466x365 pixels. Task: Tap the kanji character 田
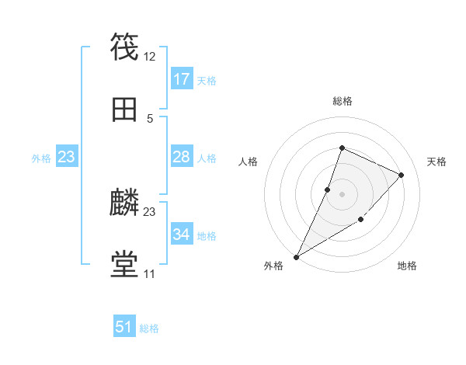point(125,109)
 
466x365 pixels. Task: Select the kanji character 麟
point(125,203)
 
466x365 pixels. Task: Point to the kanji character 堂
point(125,265)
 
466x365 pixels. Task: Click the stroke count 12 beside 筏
point(150,57)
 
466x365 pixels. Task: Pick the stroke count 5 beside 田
point(150,119)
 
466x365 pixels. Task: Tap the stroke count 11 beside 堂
point(149,274)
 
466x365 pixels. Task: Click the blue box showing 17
point(182,79)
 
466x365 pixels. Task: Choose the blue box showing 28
point(182,157)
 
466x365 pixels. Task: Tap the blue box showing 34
point(182,235)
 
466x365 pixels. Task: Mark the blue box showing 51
point(124,327)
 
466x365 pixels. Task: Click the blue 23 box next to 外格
point(67,157)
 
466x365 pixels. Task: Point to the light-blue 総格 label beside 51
point(149,328)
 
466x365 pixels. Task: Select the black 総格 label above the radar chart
point(342,101)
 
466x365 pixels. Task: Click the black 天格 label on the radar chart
point(436,162)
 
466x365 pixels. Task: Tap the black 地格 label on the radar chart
point(407,266)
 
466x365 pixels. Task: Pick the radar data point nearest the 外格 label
point(296,257)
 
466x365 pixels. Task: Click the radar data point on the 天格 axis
point(402,175)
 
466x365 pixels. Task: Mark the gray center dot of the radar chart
point(342,194)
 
